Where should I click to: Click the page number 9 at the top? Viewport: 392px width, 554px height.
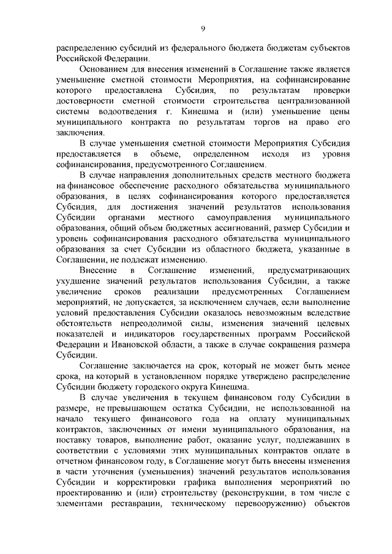pyautogui.click(x=202, y=27)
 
